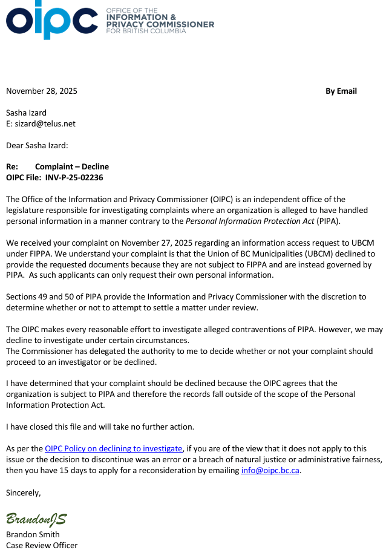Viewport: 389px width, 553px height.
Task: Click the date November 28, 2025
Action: tap(42, 91)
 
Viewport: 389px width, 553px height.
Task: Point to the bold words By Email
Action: tap(341, 91)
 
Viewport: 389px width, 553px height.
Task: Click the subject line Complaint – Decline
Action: tap(72, 167)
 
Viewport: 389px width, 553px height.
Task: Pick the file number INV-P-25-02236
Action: tap(74, 178)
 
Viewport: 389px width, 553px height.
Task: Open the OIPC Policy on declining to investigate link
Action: tap(114, 448)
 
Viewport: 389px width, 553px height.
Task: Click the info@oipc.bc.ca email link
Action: tap(270, 470)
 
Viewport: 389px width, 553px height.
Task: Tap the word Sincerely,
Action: tap(24, 492)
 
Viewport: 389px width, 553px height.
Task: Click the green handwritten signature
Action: tap(36, 519)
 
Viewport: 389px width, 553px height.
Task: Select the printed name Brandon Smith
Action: tap(33, 534)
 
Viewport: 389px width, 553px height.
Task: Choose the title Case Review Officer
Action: tap(42, 545)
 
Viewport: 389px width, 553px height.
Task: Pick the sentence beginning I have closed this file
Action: tap(100, 427)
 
